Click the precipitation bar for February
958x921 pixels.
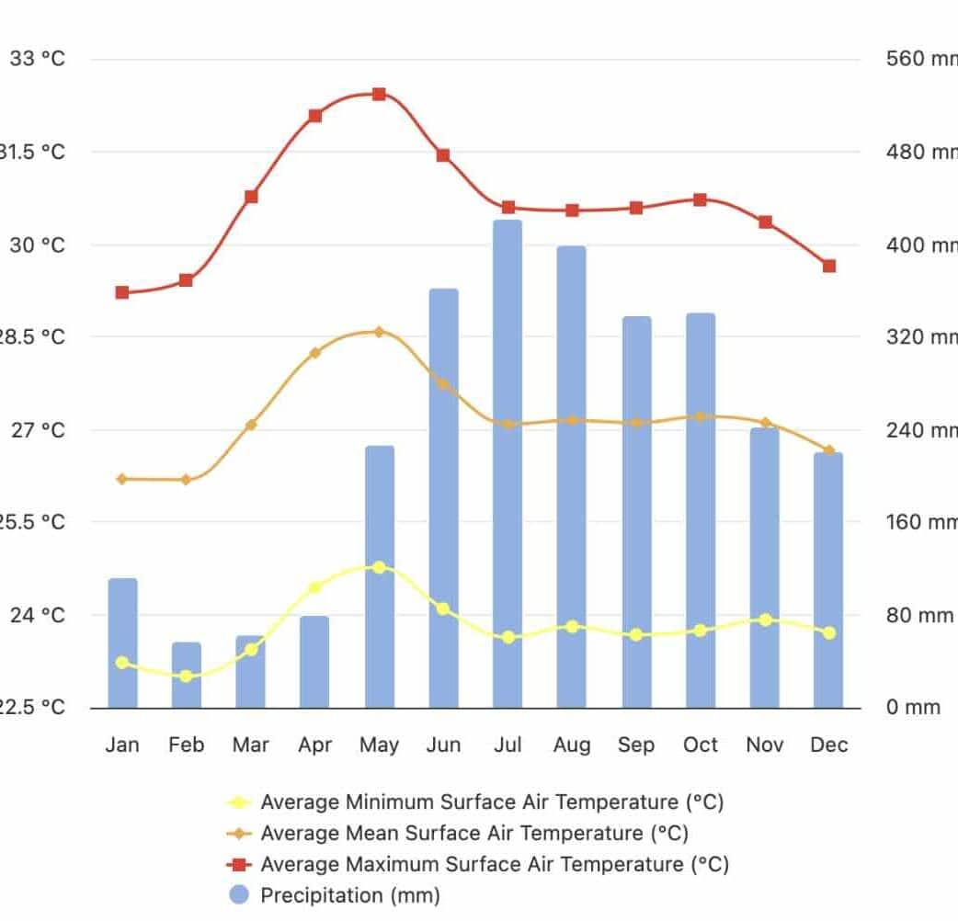coord(187,675)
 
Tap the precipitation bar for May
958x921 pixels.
coord(379,576)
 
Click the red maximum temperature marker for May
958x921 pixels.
coord(379,94)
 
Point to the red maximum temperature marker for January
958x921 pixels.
coord(122,292)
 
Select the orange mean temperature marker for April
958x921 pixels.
coord(314,352)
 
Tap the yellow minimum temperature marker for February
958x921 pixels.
coord(187,676)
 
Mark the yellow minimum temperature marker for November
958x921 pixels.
coord(765,620)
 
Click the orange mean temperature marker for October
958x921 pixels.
coord(701,416)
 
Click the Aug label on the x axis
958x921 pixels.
coord(572,745)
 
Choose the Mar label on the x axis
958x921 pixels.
coord(250,745)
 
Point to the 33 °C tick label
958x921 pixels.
coord(38,59)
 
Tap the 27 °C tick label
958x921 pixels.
coord(38,430)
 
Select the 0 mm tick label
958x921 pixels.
coord(914,708)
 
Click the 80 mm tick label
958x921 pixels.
coord(919,615)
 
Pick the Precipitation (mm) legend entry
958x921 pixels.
coord(349,895)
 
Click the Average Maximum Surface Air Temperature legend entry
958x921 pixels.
coord(495,864)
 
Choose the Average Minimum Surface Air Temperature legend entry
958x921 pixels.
coord(492,802)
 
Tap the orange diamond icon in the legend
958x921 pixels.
coord(239,834)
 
